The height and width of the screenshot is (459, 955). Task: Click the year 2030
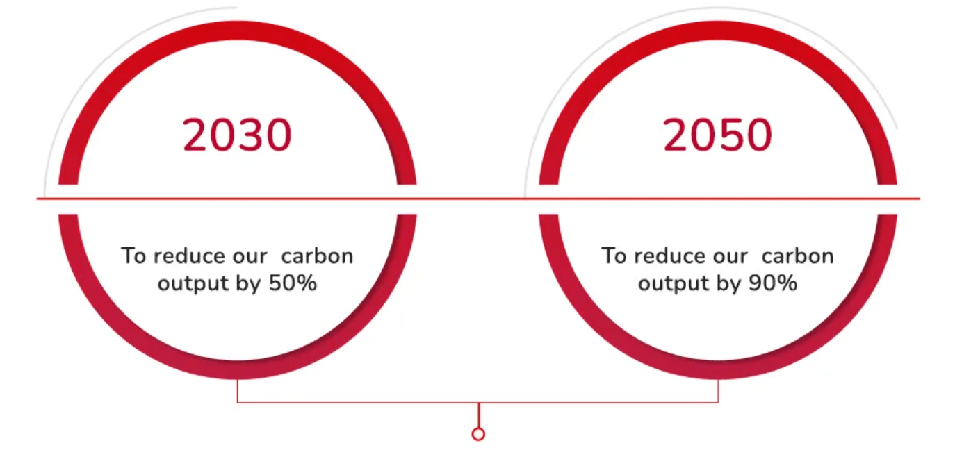237,135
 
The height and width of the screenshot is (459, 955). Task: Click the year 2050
717,135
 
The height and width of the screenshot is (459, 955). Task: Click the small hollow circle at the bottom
478,434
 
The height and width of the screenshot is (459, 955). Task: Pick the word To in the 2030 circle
134,256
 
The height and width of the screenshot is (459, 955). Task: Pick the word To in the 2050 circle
614,256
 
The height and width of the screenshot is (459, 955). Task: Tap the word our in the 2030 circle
248,256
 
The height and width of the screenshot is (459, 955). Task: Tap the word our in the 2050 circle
728,256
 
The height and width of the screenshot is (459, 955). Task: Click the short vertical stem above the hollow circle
478,415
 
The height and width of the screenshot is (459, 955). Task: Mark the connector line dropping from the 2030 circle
238,390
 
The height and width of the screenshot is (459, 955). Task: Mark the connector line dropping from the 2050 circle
718,390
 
